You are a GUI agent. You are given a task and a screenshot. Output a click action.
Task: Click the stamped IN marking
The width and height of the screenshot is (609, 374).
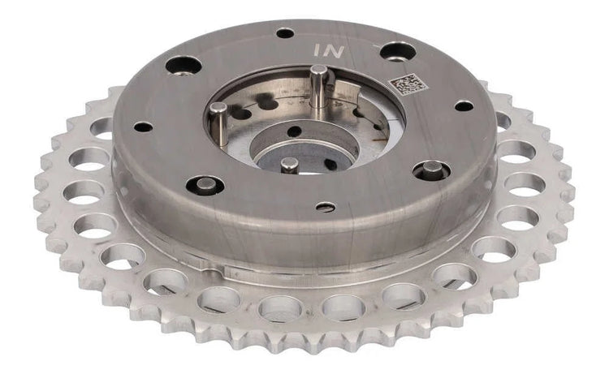pos(329,50)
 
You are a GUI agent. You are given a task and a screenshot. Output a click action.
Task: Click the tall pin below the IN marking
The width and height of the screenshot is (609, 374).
pos(319,91)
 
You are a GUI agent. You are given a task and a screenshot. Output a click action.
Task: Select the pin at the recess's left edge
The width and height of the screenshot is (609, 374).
pos(218,123)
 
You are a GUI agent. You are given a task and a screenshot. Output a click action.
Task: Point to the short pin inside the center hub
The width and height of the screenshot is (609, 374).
pos(289,164)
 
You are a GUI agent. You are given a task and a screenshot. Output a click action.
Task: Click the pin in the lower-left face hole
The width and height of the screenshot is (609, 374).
pos(205,184)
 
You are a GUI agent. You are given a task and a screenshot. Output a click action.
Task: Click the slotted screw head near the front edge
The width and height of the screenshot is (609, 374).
pos(326,208)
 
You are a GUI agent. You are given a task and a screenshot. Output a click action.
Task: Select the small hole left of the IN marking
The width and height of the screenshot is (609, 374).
pos(285,33)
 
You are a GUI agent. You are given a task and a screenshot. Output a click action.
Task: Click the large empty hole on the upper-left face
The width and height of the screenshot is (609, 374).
pos(184,66)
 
